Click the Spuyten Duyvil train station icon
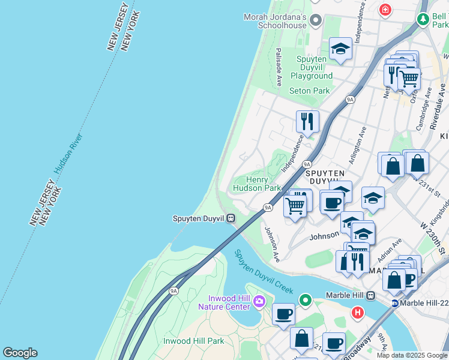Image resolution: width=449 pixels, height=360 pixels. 231,218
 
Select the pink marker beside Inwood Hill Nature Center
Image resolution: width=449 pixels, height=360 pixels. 259,301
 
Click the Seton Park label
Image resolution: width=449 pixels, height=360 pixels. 310,91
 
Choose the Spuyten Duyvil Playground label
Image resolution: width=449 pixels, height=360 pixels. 312,67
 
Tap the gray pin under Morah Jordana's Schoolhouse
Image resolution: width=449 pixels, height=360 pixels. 316,22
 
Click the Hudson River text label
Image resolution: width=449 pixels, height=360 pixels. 67,154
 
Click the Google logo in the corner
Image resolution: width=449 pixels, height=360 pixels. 20,353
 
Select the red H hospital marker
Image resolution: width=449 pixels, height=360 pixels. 358,313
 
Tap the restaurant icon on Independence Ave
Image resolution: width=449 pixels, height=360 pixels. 307,121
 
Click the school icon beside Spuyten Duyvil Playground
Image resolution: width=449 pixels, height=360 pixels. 340,49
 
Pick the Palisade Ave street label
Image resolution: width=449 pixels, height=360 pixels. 279,68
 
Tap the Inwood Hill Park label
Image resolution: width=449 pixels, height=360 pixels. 193,341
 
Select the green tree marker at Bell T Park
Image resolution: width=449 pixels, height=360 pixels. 423,19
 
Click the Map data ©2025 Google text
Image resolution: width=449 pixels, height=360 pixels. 412,355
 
